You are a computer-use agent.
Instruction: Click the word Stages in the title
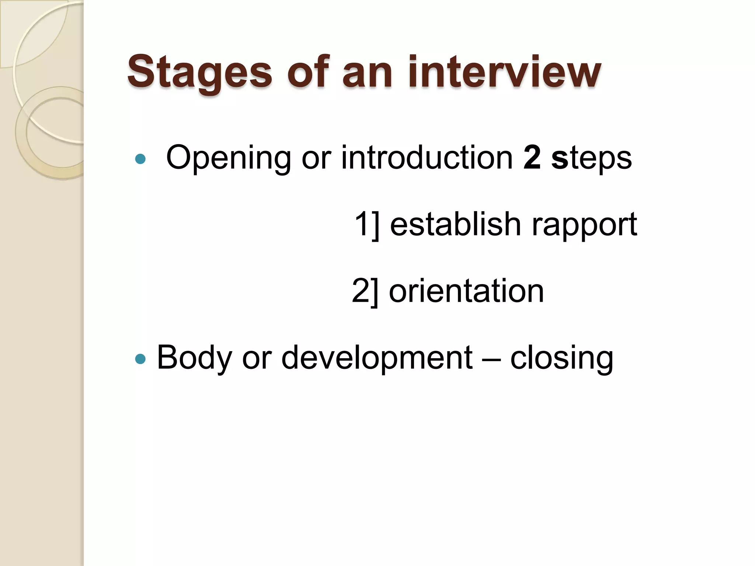[199, 72]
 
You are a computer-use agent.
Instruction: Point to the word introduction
[427, 158]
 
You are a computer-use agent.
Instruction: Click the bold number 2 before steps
[532, 158]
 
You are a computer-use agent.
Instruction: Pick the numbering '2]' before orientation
[365, 291]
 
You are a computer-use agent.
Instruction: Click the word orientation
[466, 291]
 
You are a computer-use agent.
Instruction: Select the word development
[377, 358]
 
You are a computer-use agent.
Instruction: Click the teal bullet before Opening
[140, 159]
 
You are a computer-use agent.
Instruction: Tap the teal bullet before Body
[140, 359]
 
